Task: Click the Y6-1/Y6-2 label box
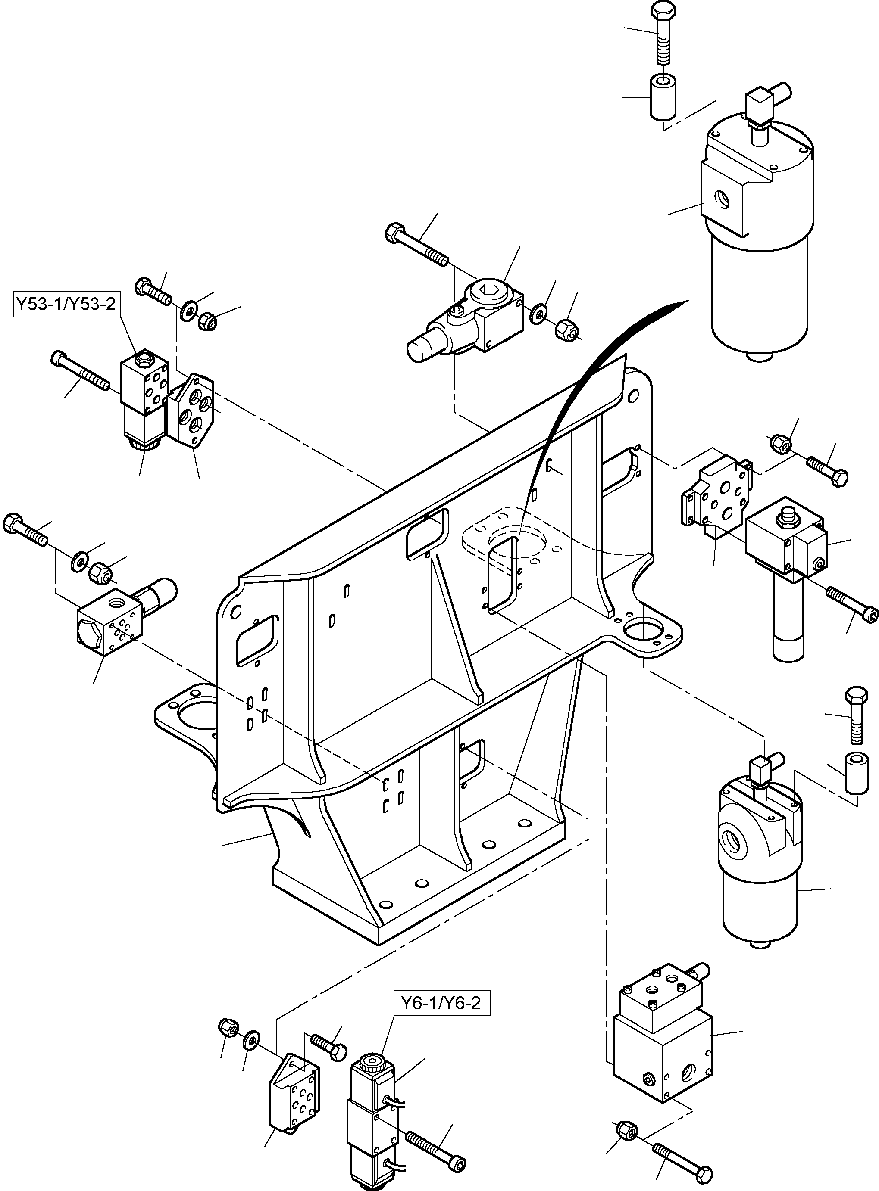point(441,1003)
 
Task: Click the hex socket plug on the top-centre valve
point(489,291)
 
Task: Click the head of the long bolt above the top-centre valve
point(393,232)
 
